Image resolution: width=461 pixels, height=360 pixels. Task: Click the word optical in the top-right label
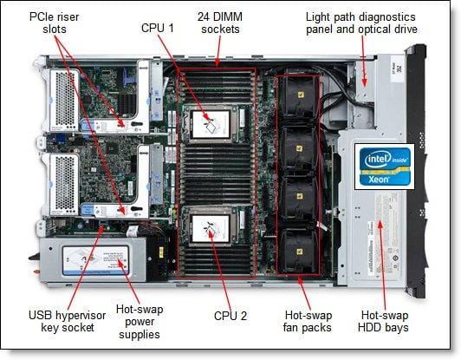(x=367, y=29)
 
